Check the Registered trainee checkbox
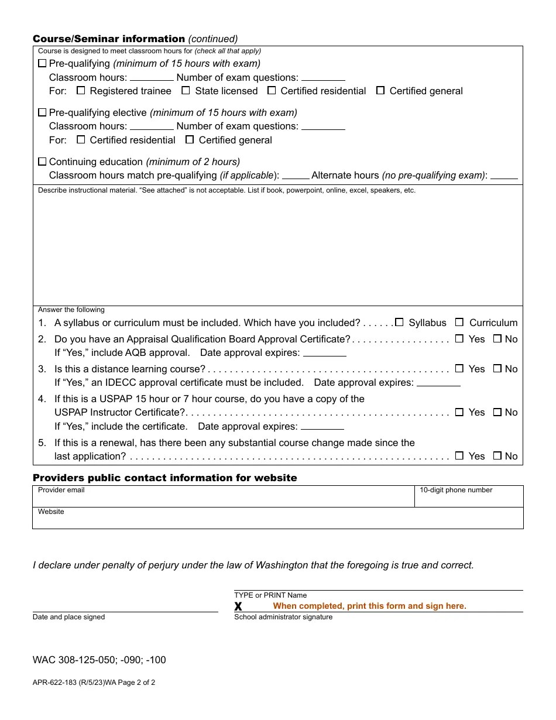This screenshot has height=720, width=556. (x=81, y=91)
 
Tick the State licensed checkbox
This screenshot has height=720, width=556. (x=186, y=91)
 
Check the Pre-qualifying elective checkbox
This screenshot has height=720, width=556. (x=42, y=112)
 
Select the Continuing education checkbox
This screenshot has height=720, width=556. (x=42, y=162)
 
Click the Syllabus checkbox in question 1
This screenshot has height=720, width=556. (x=399, y=323)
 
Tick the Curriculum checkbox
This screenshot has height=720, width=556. (x=459, y=323)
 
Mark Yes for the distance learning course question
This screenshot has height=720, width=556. (x=459, y=369)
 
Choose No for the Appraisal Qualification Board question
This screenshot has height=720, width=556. (x=497, y=339)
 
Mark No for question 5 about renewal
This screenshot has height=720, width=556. (x=497, y=456)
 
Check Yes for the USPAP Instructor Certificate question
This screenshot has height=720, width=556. (x=459, y=412)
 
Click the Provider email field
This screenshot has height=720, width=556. (x=222, y=499)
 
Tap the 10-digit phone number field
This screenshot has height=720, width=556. (x=468, y=499)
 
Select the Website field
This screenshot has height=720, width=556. (x=277, y=520)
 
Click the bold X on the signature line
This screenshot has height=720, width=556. (x=238, y=606)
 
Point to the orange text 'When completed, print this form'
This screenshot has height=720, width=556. (x=369, y=606)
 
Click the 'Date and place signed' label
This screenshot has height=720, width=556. (x=69, y=617)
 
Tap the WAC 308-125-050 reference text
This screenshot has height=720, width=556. (x=99, y=660)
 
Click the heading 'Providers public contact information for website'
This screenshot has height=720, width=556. (x=164, y=478)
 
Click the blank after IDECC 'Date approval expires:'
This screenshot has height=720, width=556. (x=438, y=383)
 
